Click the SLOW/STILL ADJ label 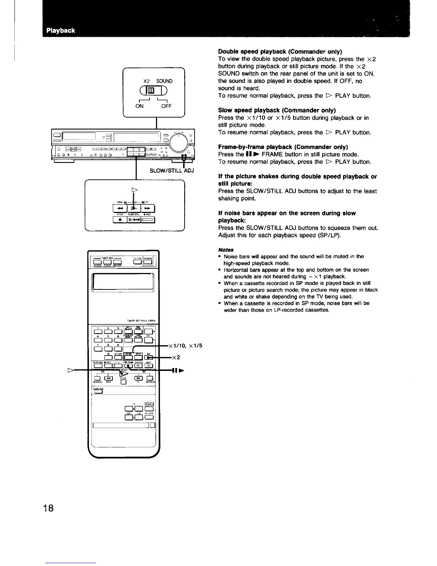tap(172, 170)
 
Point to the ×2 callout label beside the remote tap(175, 357)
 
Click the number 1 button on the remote tap(97, 332)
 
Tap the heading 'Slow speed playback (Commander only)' tap(277, 110)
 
